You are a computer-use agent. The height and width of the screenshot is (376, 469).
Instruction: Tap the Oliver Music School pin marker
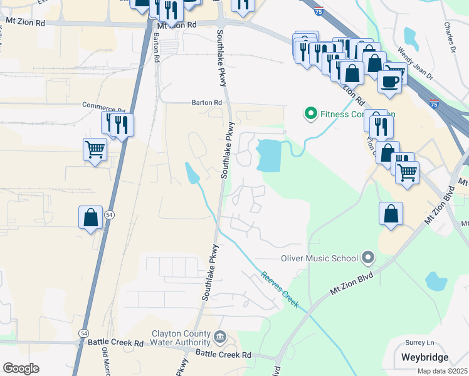(x=368, y=258)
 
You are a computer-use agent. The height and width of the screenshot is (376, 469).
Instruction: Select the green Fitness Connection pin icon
(x=310, y=114)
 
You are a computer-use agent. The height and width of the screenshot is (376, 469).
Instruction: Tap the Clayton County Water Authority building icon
(x=220, y=338)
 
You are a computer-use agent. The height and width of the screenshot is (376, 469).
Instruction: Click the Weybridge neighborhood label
(x=424, y=357)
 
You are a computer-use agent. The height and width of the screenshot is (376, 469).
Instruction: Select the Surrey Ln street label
(x=419, y=343)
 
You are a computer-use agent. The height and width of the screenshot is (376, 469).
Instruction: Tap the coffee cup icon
(x=389, y=81)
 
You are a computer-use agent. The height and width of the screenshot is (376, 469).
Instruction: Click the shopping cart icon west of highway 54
(x=95, y=150)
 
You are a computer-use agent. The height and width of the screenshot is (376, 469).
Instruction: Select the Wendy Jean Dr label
(x=416, y=63)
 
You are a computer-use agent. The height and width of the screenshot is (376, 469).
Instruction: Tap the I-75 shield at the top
(x=319, y=11)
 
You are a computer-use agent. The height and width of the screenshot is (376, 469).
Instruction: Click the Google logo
(x=21, y=368)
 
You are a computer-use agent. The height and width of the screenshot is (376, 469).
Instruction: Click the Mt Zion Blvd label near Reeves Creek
(x=351, y=283)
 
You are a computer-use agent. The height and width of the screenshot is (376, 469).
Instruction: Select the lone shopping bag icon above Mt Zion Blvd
(x=391, y=214)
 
